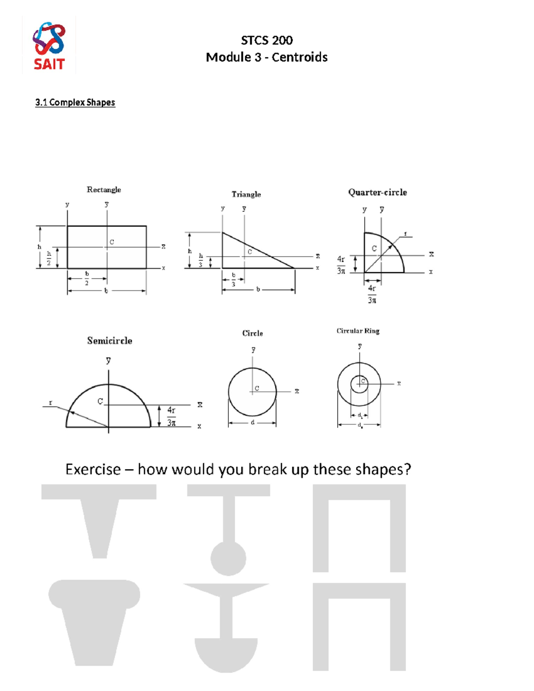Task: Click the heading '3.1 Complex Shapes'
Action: tap(75, 102)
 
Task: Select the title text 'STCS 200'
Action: tap(267, 40)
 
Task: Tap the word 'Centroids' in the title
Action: tap(299, 57)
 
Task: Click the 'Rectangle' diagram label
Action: tap(104, 190)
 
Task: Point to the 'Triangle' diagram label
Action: tap(246, 194)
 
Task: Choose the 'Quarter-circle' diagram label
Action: tap(377, 192)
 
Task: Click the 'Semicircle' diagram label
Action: tap(109, 341)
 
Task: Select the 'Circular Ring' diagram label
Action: tap(358, 331)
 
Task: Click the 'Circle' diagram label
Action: tap(252, 333)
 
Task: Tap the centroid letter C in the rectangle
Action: tap(112, 242)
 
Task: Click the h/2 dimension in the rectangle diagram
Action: tap(49, 258)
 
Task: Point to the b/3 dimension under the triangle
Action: tap(233, 279)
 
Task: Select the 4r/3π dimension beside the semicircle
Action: tap(171, 416)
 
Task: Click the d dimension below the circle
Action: tap(252, 422)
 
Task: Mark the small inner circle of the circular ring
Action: tap(359, 384)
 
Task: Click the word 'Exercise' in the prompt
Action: tap(93, 469)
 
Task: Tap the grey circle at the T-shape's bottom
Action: tap(228, 558)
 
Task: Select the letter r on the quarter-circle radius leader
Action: tap(405, 234)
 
